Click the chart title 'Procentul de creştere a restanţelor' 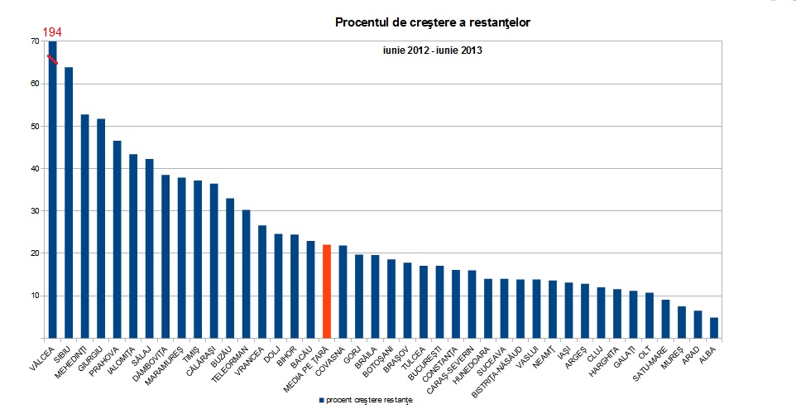point(433,22)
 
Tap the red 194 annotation point(52,32)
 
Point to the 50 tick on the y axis point(34,126)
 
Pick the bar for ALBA point(713,328)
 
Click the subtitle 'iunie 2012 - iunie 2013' point(433,51)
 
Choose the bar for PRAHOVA point(117,239)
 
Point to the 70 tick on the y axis point(34,41)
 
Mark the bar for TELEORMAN point(246,274)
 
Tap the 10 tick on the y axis point(34,296)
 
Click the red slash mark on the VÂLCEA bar point(52,60)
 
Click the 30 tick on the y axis point(34,210)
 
